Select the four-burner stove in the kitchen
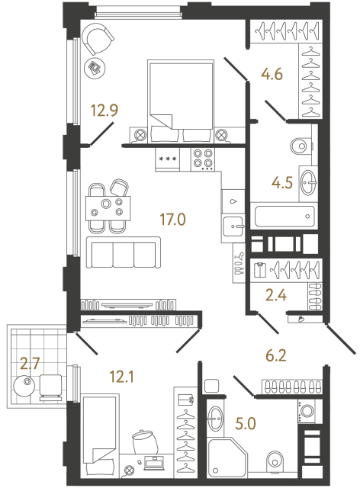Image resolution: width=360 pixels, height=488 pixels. tap(202, 158)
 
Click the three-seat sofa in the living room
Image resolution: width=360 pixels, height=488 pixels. tap(123, 252)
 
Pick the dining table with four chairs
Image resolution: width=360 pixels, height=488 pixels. tap(107, 207)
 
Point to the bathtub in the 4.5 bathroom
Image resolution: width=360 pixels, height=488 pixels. tap(283, 216)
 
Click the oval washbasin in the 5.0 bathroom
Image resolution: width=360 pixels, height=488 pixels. tap(216, 417)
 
